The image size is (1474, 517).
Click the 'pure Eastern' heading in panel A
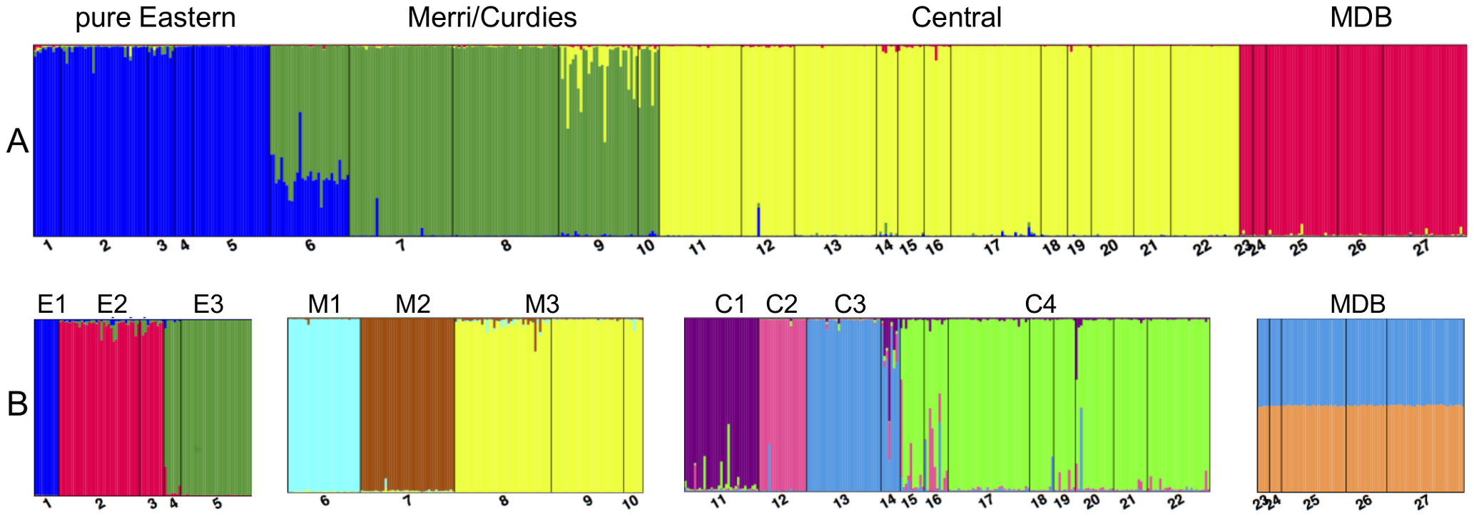coord(155,18)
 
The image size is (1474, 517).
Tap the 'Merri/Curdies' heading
coord(492,18)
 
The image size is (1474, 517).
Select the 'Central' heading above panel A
coord(956,18)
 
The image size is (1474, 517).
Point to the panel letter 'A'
coord(17,142)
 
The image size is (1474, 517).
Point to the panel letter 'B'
coord(17,405)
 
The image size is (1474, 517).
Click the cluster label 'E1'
coord(51,305)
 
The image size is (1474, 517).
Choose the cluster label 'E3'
coord(208,305)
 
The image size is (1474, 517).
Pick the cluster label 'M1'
coord(325,305)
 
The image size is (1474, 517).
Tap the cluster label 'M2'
coord(413,305)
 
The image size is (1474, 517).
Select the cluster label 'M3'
coord(542,305)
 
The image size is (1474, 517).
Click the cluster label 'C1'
coord(730,305)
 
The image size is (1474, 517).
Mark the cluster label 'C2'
coord(781,305)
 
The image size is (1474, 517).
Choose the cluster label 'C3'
coord(850,305)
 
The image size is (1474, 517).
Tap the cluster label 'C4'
coord(1040,305)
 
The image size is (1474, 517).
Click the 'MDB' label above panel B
coord(1358,305)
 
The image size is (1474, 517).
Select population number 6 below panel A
coord(310,246)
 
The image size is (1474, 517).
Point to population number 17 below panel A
coord(992,247)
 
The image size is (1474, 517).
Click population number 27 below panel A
coord(1422,247)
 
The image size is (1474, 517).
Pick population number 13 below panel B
coord(841,501)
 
